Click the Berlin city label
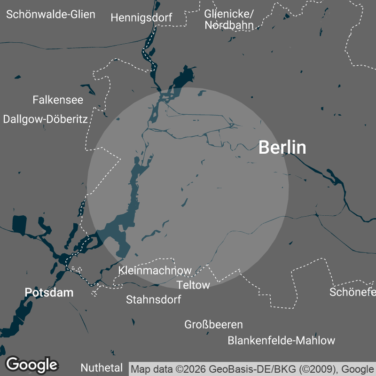point(282,148)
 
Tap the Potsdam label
point(49,292)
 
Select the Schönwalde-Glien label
point(51,14)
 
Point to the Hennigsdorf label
point(141,18)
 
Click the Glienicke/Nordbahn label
point(229,19)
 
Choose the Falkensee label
point(58,100)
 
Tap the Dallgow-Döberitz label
point(45,119)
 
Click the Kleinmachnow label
point(155,270)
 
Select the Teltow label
point(193,285)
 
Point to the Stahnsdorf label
point(153,299)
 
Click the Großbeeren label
point(213,324)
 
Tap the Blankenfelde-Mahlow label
point(282,340)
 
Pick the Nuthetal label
point(102,368)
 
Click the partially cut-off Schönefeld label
point(352,292)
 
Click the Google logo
point(31,364)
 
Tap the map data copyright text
point(252,369)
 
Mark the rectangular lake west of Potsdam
point(20,225)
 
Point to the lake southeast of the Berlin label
point(334,177)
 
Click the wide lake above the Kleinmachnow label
point(117,235)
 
